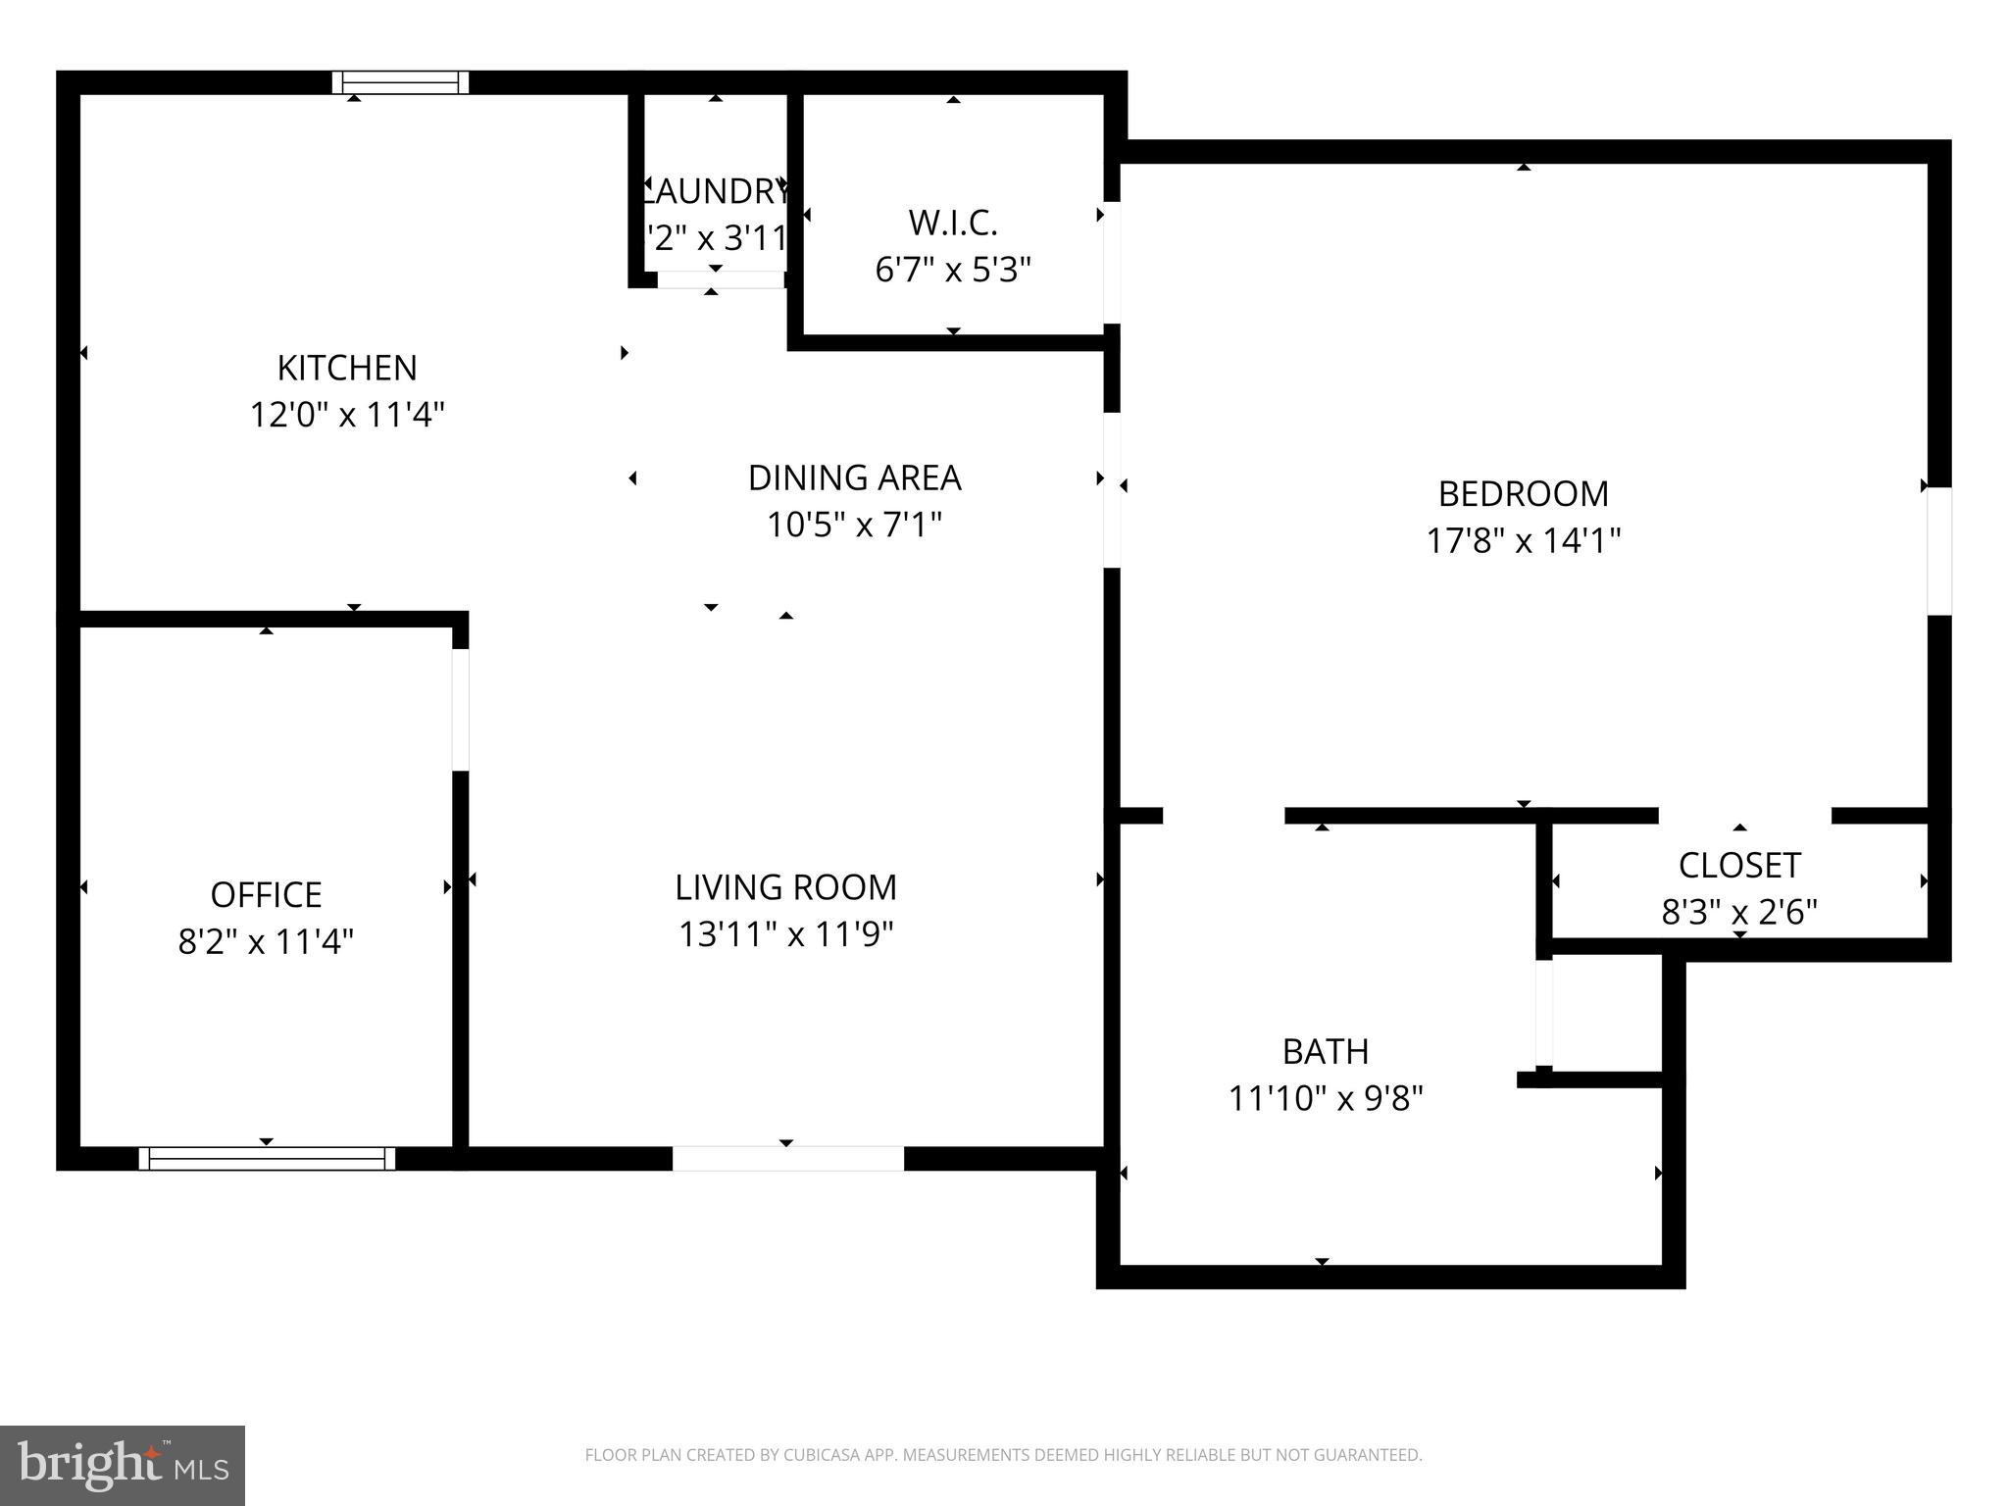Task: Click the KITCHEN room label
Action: point(347,368)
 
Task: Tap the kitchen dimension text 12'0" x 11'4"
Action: point(347,415)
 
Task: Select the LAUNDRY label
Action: point(716,191)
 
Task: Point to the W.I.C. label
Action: point(953,223)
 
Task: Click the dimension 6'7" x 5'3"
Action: point(953,270)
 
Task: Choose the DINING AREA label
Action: point(854,477)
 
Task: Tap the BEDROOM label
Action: point(1523,493)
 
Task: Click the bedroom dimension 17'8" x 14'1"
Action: point(1523,540)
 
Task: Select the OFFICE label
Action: point(266,894)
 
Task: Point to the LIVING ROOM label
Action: point(785,887)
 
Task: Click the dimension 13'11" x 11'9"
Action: point(785,934)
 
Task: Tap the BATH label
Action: point(1326,1051)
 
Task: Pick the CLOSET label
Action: point(1739,865)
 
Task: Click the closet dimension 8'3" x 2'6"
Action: point(1739,912)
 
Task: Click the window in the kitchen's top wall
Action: point(400,82)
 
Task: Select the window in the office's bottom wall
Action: point(267,1158)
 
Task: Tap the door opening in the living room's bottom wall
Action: point(787,1158)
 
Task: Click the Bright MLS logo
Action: point(123,1466)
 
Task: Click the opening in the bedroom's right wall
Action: point(1939,551)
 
